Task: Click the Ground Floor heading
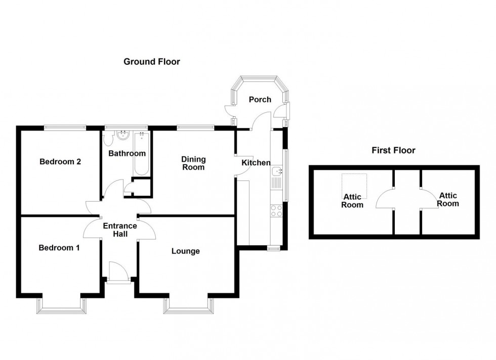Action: pyautogui.click(x=152, y=62)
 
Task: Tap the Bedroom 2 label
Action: pyautogui.click(x=61, y=162)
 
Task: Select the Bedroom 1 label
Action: pyautogui.click(x=59, y=248)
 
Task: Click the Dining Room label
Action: pyautogui.click(x=193, y=163)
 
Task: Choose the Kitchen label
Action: pyautogui.click(x=255, y=163)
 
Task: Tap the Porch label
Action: pyautogui.click(x=260, y=100)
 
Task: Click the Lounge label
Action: pyautogui.click(x=185, y=251)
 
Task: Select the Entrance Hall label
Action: pyautogui.click(x=120, y=230)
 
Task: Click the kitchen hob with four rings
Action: pyautogui.click(x=276, y=210)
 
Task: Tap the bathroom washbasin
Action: pyautogui.click(x=122, y=134)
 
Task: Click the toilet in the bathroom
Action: pyautogui.click(x=107, y=137)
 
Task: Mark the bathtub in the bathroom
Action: pyautogui.click(x=141, y=154)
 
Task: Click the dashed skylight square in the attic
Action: pyautogui.click(x=354, y=187)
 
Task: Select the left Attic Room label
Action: pyautogui.click(x=352, y=201)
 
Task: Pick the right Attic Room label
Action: pyautogui.click(x=448, y=199)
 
